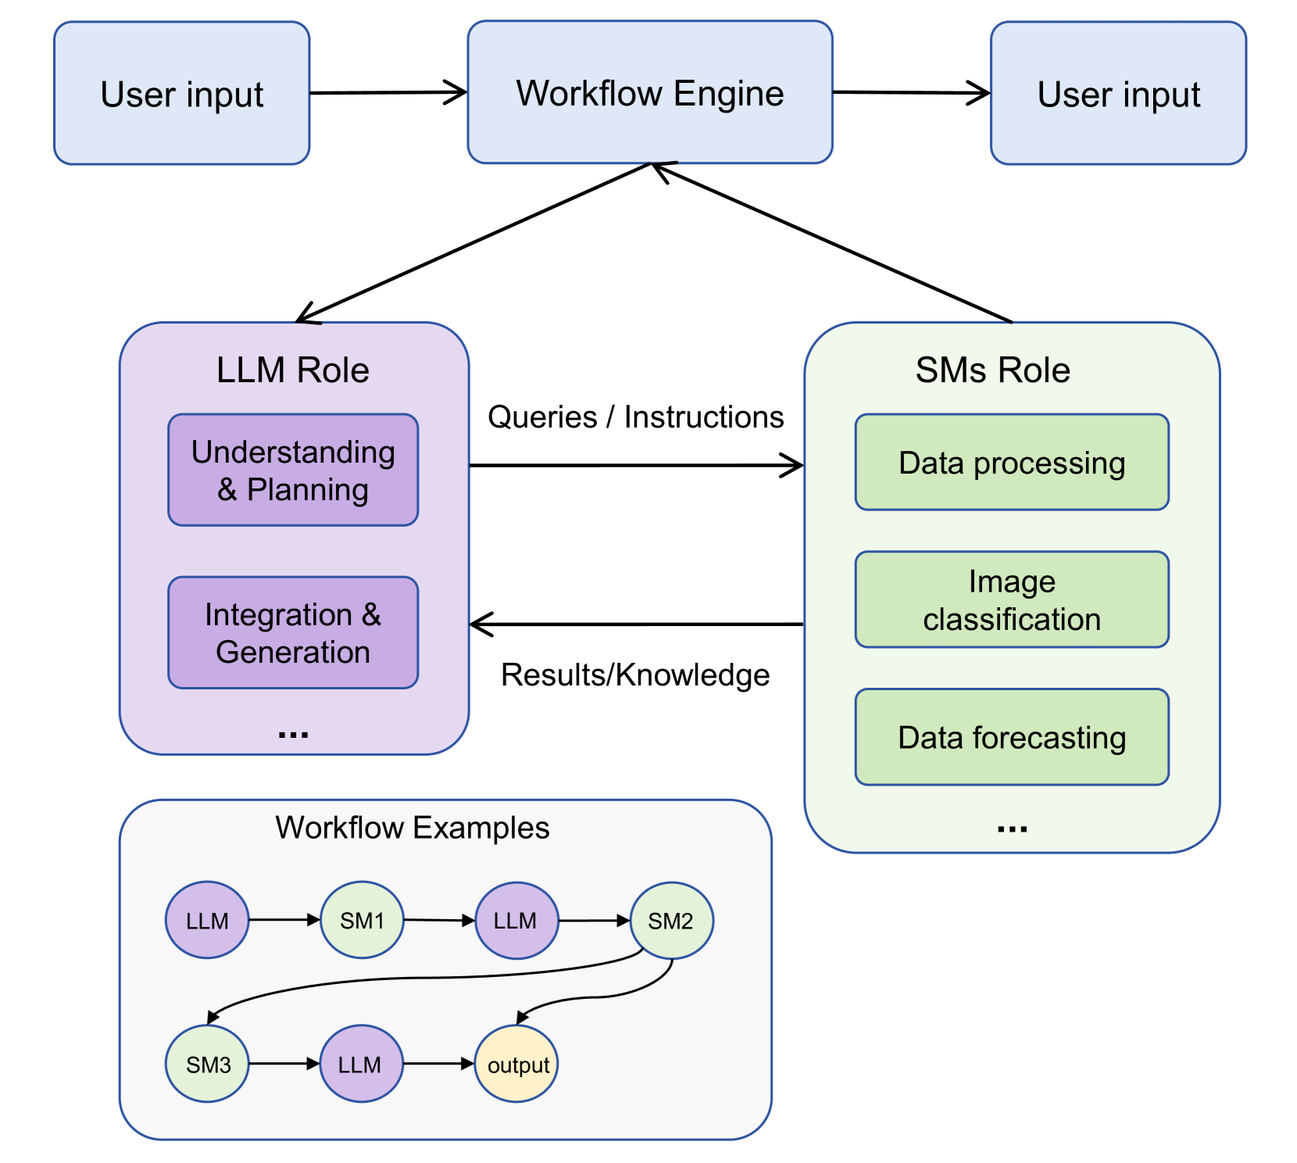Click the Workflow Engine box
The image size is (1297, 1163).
[650, 92]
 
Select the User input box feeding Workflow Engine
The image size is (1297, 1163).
[182, 93]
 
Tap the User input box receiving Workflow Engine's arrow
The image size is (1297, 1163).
[1118, 93]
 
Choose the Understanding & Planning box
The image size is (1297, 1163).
[293, 470]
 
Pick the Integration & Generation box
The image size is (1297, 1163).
[293, 632]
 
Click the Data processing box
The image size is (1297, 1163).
[1012, 462]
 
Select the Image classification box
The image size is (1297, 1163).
[1012, 599]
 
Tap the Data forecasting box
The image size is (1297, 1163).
[1012, 737]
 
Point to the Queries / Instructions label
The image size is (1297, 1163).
[635, 417]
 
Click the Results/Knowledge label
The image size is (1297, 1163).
[635, 675]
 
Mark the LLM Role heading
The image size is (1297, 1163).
[293, 370]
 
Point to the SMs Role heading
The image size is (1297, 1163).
[992, 370]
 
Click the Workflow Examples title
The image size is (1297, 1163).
[413, 828]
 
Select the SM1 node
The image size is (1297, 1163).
[362, 920]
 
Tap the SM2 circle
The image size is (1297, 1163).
[671, 920]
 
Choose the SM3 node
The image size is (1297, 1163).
[207, 1064]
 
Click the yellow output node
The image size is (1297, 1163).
[516, 1064]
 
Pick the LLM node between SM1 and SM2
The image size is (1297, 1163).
[516, 920]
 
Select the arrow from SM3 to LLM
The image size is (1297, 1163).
[284, 1064]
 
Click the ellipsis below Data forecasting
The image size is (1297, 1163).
[1012, 829]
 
